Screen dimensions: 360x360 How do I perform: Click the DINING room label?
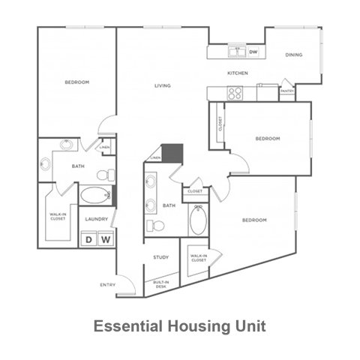tap(293, 55)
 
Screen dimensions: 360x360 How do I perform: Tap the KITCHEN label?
tap(238, 73)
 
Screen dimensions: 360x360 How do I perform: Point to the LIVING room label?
tap(163, 85)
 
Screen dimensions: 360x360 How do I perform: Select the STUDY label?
tap(160, 257)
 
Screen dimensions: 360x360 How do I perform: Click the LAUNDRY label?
tap(97, 219)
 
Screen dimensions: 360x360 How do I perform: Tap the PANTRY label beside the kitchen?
tap(286, 91)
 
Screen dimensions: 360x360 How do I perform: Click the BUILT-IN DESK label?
tap(160, 283)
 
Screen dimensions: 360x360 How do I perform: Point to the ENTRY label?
tap(106, 283)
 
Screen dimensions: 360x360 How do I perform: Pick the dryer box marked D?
tap(88, 239)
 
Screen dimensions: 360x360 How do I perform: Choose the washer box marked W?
tap(106, 239)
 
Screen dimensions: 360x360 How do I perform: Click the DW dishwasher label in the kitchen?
tap(253, 52)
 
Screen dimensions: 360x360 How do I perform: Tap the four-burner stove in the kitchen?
tap(235, 94)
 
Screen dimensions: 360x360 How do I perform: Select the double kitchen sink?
tap(237, 52)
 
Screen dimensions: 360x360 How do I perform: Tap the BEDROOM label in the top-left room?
tap(76, 82)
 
